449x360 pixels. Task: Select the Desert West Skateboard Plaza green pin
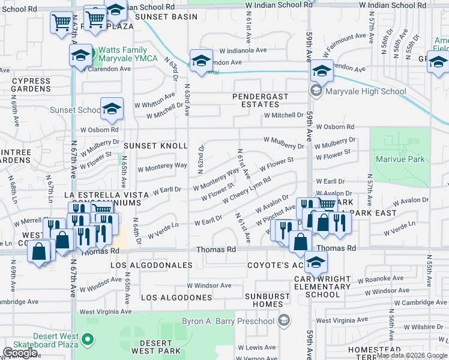88,340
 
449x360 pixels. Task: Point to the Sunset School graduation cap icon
112,109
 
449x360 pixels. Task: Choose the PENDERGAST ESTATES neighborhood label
261,100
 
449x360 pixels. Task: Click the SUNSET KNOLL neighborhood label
155,146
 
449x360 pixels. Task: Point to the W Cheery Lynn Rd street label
246,190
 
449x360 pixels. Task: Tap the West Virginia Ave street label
106,311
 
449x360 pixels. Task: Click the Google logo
20,352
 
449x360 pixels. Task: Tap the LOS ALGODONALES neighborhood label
152,265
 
